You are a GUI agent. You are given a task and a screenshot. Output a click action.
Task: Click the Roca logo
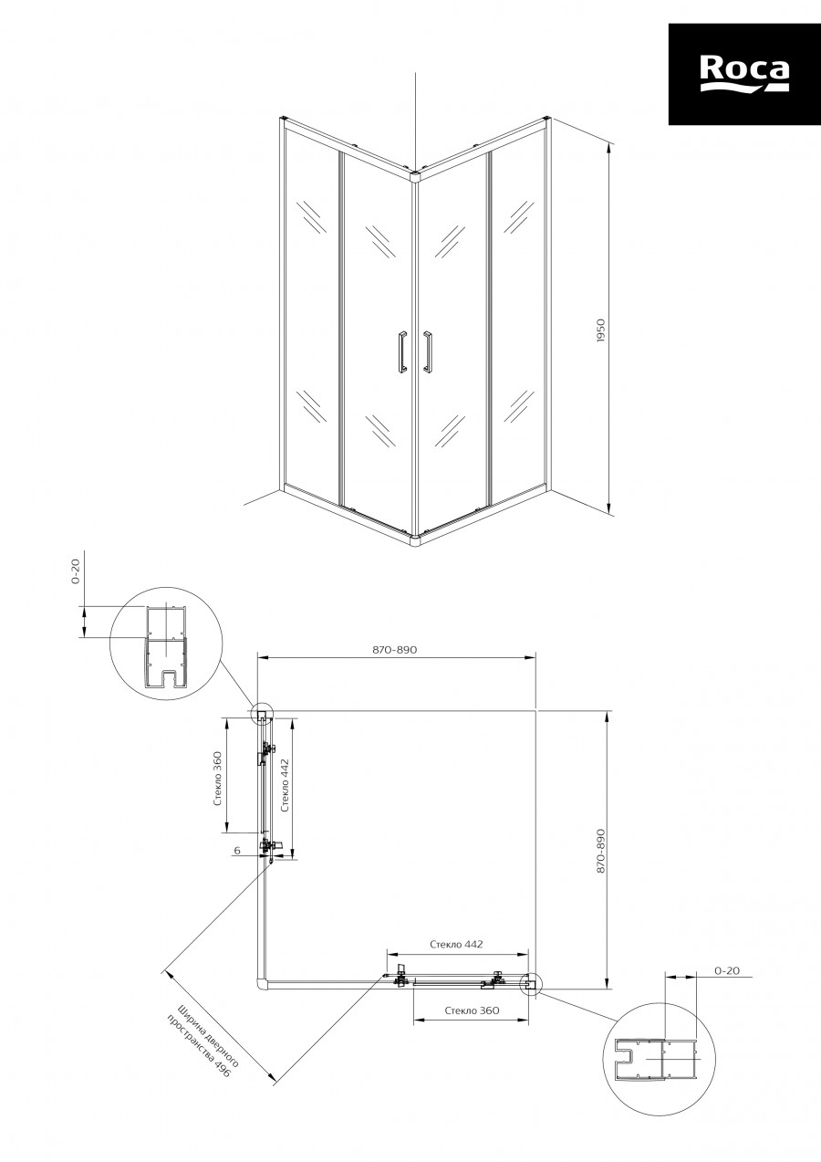coord(744,74)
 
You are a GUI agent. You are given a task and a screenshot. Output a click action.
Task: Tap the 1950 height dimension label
coord(601,330)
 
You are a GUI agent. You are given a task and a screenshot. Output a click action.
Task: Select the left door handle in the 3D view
coord(402,351)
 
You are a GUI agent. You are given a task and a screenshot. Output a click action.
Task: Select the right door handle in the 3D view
coord(428,351)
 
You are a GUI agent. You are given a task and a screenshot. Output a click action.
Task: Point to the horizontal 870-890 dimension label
coord(394,650)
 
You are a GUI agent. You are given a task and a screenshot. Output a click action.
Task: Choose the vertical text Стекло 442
coord(284,785)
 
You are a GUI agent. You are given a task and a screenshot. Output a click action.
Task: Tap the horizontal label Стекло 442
coord(456,944)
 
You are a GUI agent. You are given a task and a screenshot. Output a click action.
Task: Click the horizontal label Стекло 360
coord(473,1010)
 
